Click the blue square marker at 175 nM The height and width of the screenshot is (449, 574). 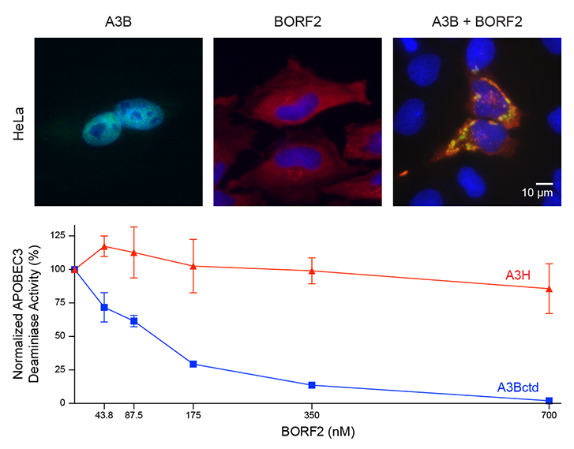pyautogui.click(x=193, y=364)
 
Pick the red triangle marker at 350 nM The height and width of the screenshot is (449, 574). pyautogui.click(x=312, y=271)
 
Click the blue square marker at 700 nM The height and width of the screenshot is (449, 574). pyautogui.click(x=549, y=401)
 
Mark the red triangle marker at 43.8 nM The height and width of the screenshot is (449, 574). pyautogui.click(x=104, y=246)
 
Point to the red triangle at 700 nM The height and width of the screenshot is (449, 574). pyautogui.click(x=549, y=289)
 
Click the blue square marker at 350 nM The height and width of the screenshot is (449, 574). pyautogui.click(x=312, y=385)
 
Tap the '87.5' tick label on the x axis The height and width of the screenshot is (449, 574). pyautogui.click(x=134, y=416)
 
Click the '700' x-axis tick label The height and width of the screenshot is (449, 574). pyautogui.click(x=549, y=416)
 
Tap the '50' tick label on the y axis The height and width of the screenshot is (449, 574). pyautogui.click(x=60, y=336)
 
